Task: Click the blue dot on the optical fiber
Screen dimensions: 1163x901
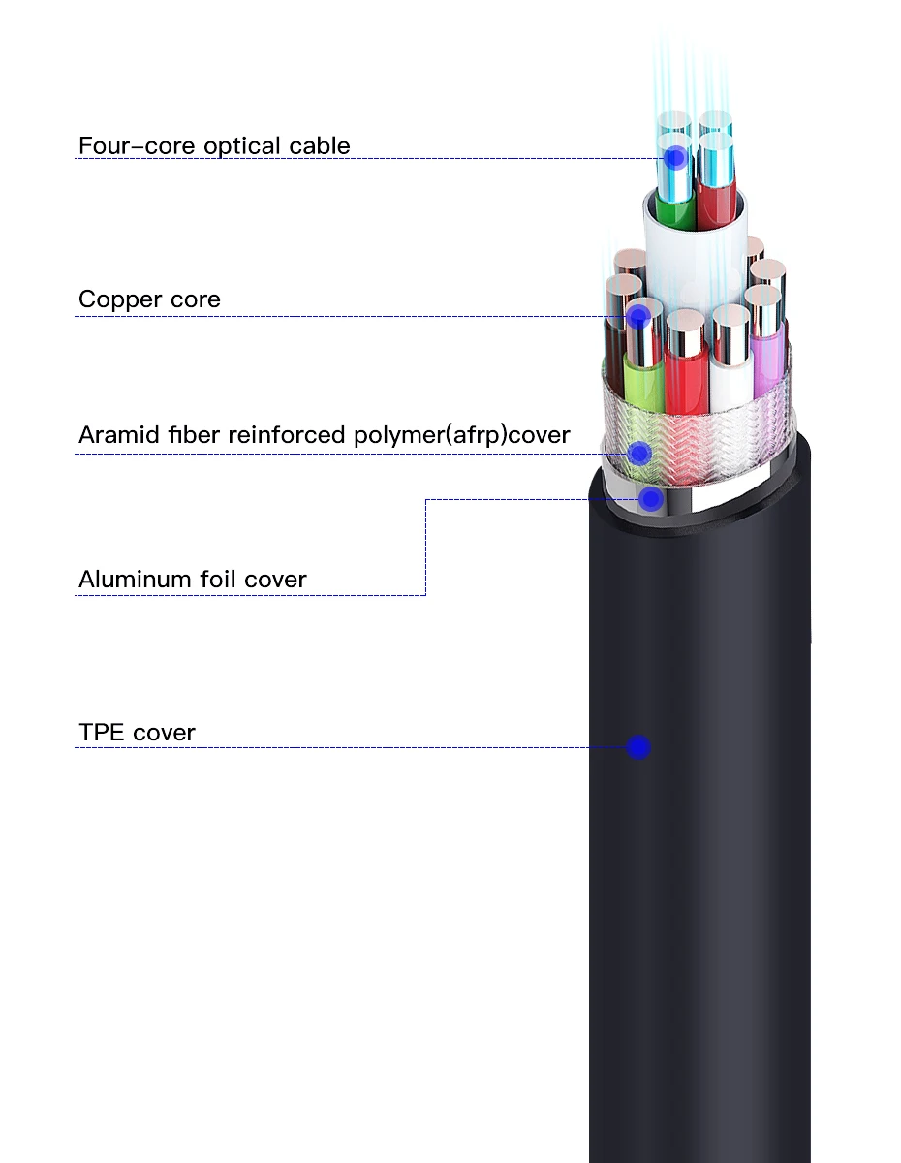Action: tap(676, 157)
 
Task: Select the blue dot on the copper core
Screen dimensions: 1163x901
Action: tap(637, 316)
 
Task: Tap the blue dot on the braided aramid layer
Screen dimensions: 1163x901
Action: tap(637, 453)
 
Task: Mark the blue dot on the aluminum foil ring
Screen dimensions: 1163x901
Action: tap(651, 499)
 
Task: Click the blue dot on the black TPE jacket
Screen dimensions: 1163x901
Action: tap(637, 747)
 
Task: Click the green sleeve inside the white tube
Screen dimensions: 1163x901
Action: tap(669, 210)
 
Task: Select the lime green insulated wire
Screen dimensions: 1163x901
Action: tap(642, 383)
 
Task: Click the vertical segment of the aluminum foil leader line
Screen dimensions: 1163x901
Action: tap(425, 548)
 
